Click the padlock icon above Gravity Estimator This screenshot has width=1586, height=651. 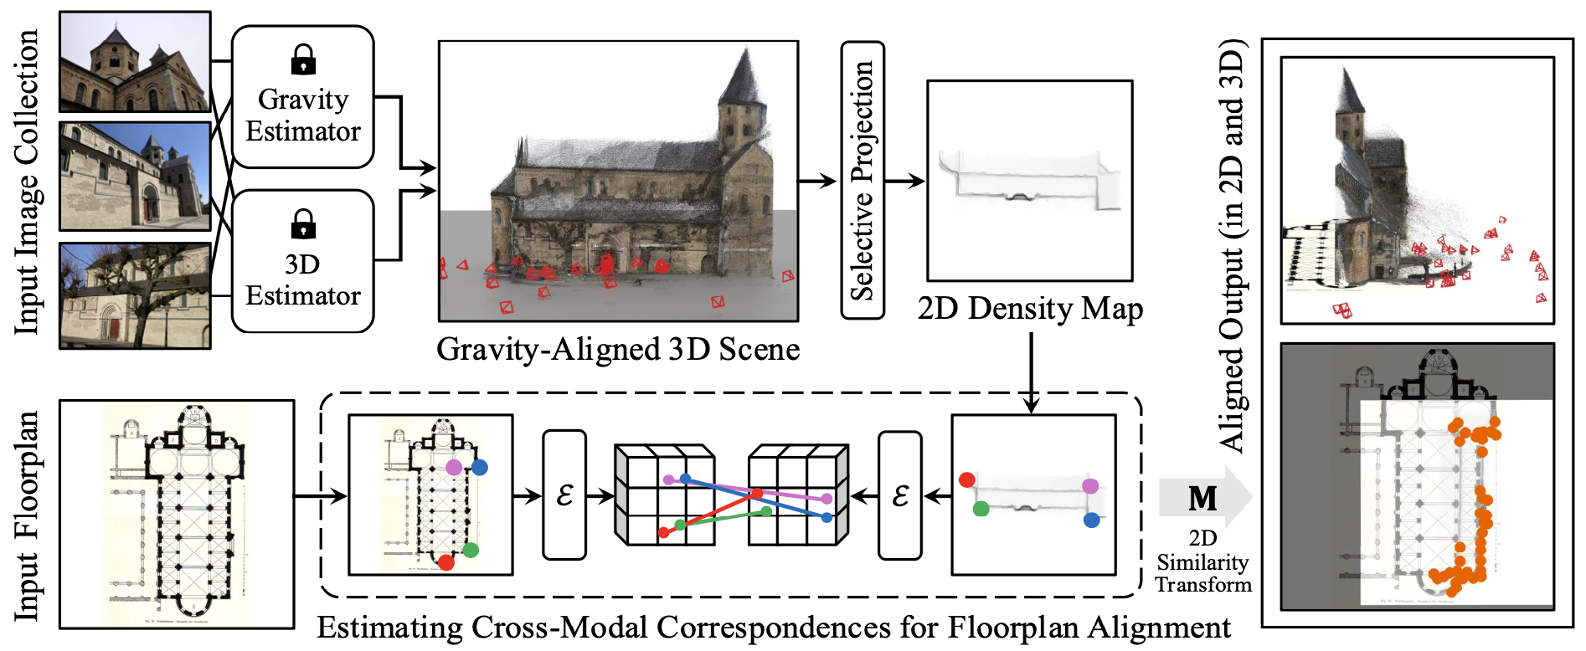click(303, 60)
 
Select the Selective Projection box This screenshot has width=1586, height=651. click(863, 180)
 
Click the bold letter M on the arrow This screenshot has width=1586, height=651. click(1202, 499)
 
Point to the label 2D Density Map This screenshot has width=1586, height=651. click(1030, 309)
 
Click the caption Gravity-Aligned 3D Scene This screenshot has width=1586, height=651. click(618, 349)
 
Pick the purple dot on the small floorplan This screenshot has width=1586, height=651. click(454, 467)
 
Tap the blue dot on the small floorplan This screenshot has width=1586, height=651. click(480, 467)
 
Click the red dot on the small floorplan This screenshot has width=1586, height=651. click(446, 562)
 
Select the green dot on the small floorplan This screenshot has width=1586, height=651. click(471, 550)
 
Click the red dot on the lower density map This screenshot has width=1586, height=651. click(967, 479)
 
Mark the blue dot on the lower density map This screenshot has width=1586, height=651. click(1091, 520)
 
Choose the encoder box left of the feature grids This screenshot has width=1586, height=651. click(564, 495)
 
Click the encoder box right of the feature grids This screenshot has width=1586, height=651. click(900, 495)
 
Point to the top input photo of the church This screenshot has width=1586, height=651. click(135, 61)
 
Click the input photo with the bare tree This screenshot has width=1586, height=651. click(135, 295)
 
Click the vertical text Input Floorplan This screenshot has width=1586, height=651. click(27, 515)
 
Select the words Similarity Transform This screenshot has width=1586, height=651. click(1203, 573)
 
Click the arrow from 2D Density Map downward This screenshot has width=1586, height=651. click(1031, 372)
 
